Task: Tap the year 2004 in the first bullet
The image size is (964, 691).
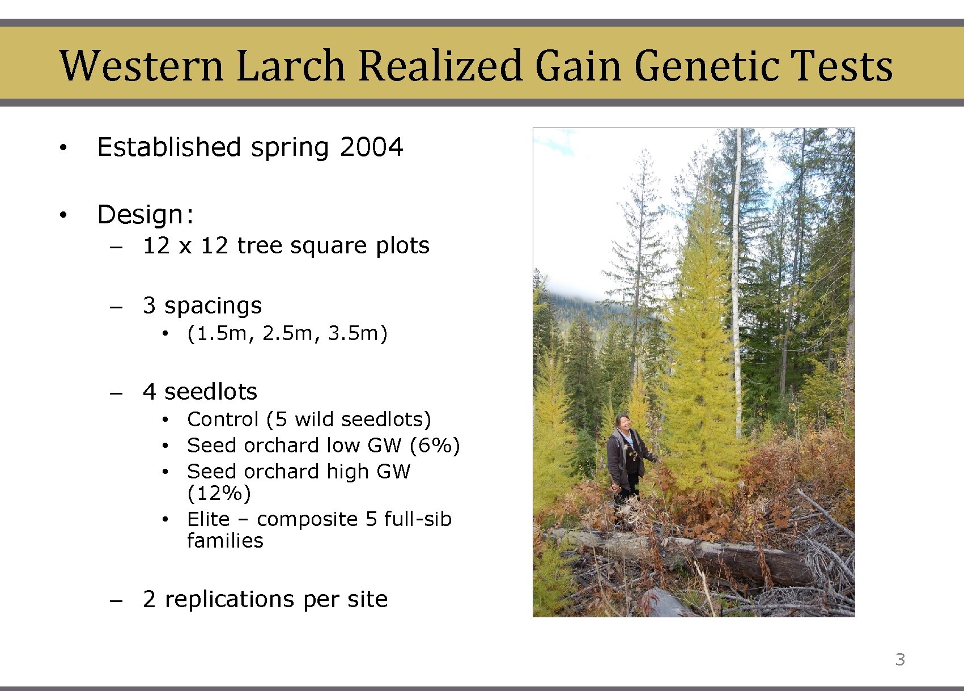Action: [x=371, y=147]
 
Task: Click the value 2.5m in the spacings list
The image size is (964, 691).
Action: [x=287, y=333]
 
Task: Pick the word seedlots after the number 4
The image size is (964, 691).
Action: [x=210, y=392]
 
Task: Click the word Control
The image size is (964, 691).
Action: [x=223, y=419]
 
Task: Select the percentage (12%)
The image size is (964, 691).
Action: [x=219, y=494]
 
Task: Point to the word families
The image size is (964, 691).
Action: [x=225, y=541]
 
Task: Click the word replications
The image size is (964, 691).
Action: [x=230, y=599]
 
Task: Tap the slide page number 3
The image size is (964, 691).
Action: [x=900, y=660]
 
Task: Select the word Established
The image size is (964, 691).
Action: [x=169, y=147]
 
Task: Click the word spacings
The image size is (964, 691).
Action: [x=213, y=306]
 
